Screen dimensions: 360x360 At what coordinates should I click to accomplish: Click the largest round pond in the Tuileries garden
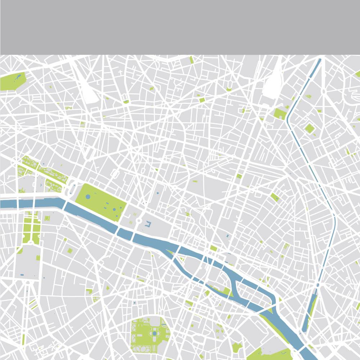click(88, 197)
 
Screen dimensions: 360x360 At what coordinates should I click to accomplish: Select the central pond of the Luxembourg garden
click(154, 334)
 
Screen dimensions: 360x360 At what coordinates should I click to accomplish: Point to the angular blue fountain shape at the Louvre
click(148, 225)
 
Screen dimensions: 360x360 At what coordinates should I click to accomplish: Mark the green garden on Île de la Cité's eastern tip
click(227, 291)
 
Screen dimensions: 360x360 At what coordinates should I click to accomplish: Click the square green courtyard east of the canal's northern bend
click(309, 128)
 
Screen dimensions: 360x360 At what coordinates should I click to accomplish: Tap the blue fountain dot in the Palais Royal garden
click(158, 193)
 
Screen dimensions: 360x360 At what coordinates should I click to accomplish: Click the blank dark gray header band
click(180, 27)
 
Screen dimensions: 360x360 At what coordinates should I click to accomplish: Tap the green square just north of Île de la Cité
click(214, 248)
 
